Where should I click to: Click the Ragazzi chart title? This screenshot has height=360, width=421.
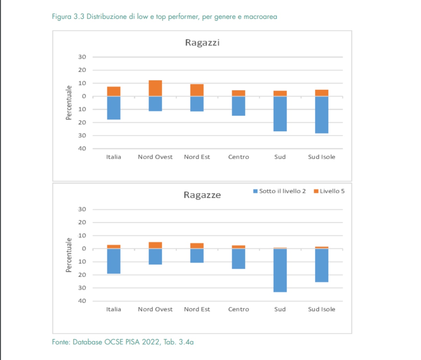[x=202, y=43]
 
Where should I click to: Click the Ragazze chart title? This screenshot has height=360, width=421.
[x=202, y=195]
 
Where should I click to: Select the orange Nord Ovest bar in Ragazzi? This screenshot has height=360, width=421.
[x=155, y=88]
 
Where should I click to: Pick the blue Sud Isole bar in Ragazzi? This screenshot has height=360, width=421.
[x=321, y=115]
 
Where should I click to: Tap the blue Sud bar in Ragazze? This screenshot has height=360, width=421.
[x=280, y=270]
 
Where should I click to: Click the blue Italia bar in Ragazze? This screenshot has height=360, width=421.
[x=114, y=261]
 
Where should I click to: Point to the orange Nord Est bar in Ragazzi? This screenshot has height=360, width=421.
[x=197, y=90]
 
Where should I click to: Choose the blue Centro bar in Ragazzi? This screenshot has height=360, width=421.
[x=239, y=106]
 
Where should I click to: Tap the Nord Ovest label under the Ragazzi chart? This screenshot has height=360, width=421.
[x=155, y=157]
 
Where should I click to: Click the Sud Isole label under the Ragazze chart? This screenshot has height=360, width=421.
[x=321, y=309]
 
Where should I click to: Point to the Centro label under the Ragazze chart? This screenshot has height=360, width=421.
[x=239, y=309]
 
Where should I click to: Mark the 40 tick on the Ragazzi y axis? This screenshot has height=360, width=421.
[x=82, y=148]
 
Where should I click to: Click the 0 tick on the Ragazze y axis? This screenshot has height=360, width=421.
[x=84, y=249]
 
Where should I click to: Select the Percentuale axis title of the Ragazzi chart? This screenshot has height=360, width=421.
[x=69, y=102]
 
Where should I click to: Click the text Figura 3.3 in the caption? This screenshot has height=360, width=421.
[x=68, y=16]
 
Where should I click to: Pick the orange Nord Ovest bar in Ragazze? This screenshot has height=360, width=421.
[x=155, y=245]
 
